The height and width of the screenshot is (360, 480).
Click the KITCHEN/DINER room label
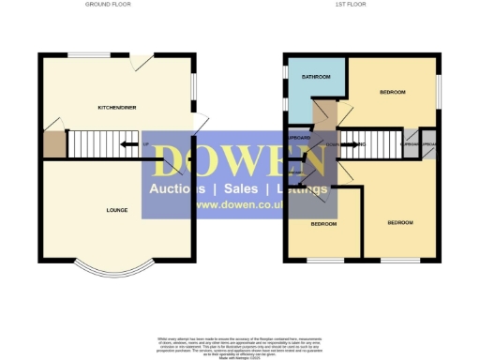coord(117,108)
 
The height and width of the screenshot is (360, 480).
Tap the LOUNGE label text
coord(117,210)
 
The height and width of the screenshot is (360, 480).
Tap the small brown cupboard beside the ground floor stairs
coord(52,143)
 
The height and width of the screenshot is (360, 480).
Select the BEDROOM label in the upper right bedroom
coord(392,92)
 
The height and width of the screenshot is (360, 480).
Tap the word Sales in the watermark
coord(239,188)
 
